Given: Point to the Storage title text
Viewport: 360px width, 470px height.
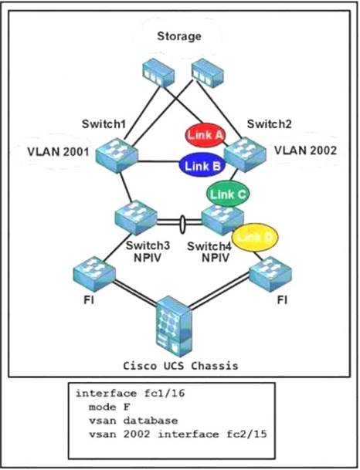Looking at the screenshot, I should [x=178, y=36].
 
